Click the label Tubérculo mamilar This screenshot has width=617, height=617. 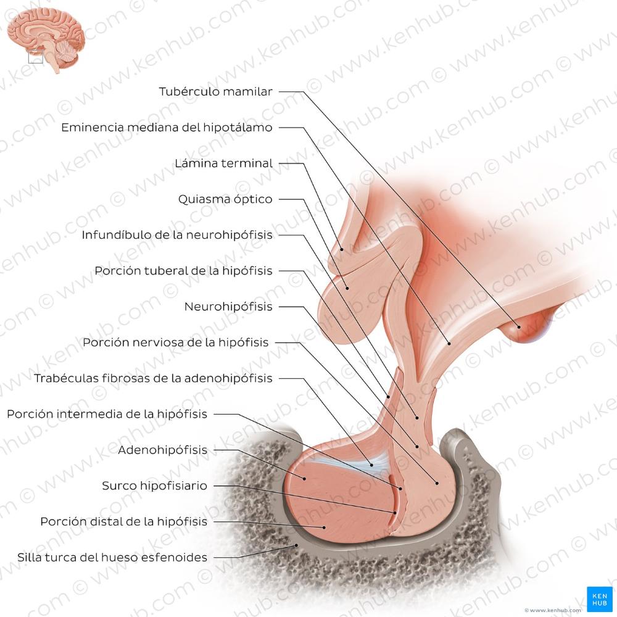215,92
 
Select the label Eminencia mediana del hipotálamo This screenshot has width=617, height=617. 167,128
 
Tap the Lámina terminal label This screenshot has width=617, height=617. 223,164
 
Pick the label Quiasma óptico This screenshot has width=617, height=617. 225,199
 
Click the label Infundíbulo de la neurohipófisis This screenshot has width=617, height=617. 177,235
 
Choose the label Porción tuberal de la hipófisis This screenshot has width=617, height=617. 183,271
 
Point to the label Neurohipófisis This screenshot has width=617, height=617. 228,307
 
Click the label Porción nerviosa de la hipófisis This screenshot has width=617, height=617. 176,342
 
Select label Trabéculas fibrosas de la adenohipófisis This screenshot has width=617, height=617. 153,378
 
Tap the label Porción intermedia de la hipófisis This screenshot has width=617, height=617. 107,414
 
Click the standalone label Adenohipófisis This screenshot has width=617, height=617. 162,450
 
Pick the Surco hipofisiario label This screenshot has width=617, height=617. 154,486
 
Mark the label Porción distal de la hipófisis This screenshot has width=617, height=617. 123,521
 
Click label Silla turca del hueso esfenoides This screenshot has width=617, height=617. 112,557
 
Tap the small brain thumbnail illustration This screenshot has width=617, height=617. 46,40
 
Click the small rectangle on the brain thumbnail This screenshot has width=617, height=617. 36,57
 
